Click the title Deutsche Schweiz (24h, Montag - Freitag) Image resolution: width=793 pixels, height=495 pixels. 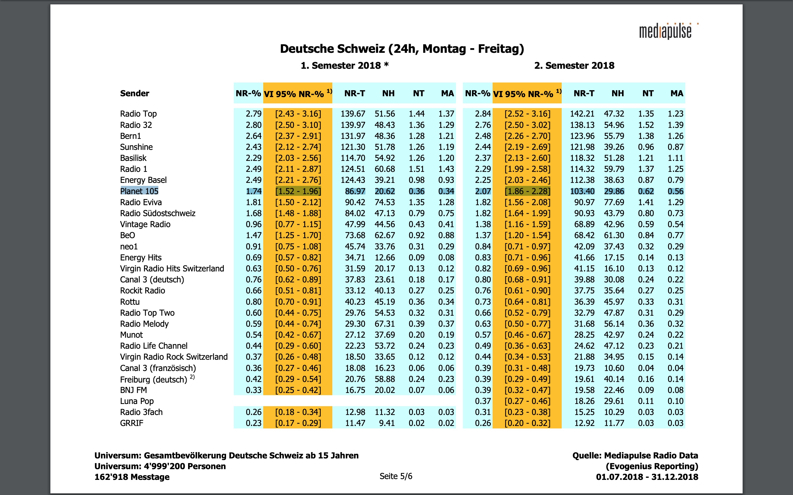[402, 49]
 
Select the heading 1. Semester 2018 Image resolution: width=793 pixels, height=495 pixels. [344, 65]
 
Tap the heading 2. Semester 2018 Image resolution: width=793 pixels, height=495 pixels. [574, 65]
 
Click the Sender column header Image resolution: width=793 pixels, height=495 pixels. [134, 93]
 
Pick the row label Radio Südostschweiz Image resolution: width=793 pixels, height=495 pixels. [157, 213]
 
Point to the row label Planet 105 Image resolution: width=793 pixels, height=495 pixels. [139, 191]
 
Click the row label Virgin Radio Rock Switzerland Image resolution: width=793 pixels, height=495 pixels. [174, 357]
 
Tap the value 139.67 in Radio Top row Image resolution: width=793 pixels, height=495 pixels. [353, 114]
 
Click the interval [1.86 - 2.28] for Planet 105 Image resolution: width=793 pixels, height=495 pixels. [527, 191]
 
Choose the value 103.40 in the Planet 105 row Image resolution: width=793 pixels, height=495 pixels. [582, 191]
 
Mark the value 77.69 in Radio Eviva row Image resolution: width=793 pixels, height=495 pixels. [614, 202]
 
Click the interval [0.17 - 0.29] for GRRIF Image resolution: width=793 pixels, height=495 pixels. [298, 423]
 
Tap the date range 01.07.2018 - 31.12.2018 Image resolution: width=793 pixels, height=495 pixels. [647, 477]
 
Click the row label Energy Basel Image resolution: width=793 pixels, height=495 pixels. [143, 180]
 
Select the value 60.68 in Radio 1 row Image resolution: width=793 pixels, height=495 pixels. [385, 169]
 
